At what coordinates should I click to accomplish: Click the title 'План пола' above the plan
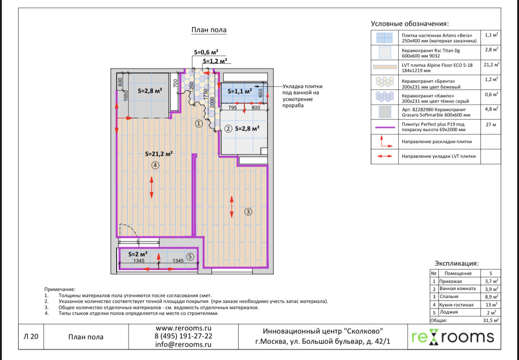point(208,30)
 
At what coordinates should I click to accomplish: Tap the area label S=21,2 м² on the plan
point(159,154)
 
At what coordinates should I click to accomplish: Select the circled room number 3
point(248,212)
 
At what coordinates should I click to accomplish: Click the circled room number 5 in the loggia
point(190,256)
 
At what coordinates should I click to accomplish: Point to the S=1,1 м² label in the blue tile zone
point(239,91)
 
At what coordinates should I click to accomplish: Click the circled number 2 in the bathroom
point(228,129)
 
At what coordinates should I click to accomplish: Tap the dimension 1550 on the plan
point(126,95)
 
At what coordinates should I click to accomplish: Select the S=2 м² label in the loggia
point(138,254)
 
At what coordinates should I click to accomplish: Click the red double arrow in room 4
point(152,187)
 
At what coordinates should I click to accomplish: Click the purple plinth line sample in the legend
point(385,127)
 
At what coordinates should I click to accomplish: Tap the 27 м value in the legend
point(491,125)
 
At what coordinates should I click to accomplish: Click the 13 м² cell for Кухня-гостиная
point(491,305)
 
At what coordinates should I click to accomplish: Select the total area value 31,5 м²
point(491,320)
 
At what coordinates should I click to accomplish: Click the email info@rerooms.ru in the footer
point(183,344)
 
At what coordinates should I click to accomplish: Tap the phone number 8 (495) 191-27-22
point(183,336)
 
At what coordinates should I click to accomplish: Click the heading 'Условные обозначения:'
point(409,24)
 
